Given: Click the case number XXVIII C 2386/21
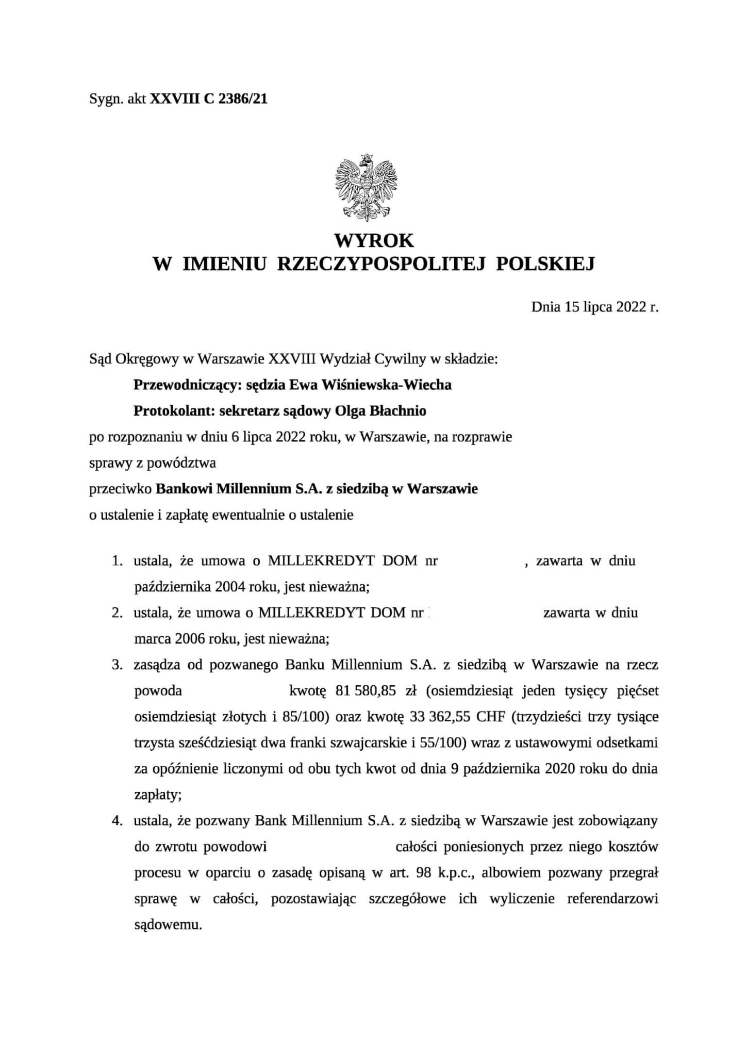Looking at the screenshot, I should click(x=209, y=99).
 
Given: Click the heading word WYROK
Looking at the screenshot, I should click(x=374, y=240).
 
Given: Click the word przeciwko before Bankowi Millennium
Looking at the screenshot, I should click(x=121, y=489).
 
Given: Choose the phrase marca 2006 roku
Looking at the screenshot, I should click(x=187, y=639).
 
